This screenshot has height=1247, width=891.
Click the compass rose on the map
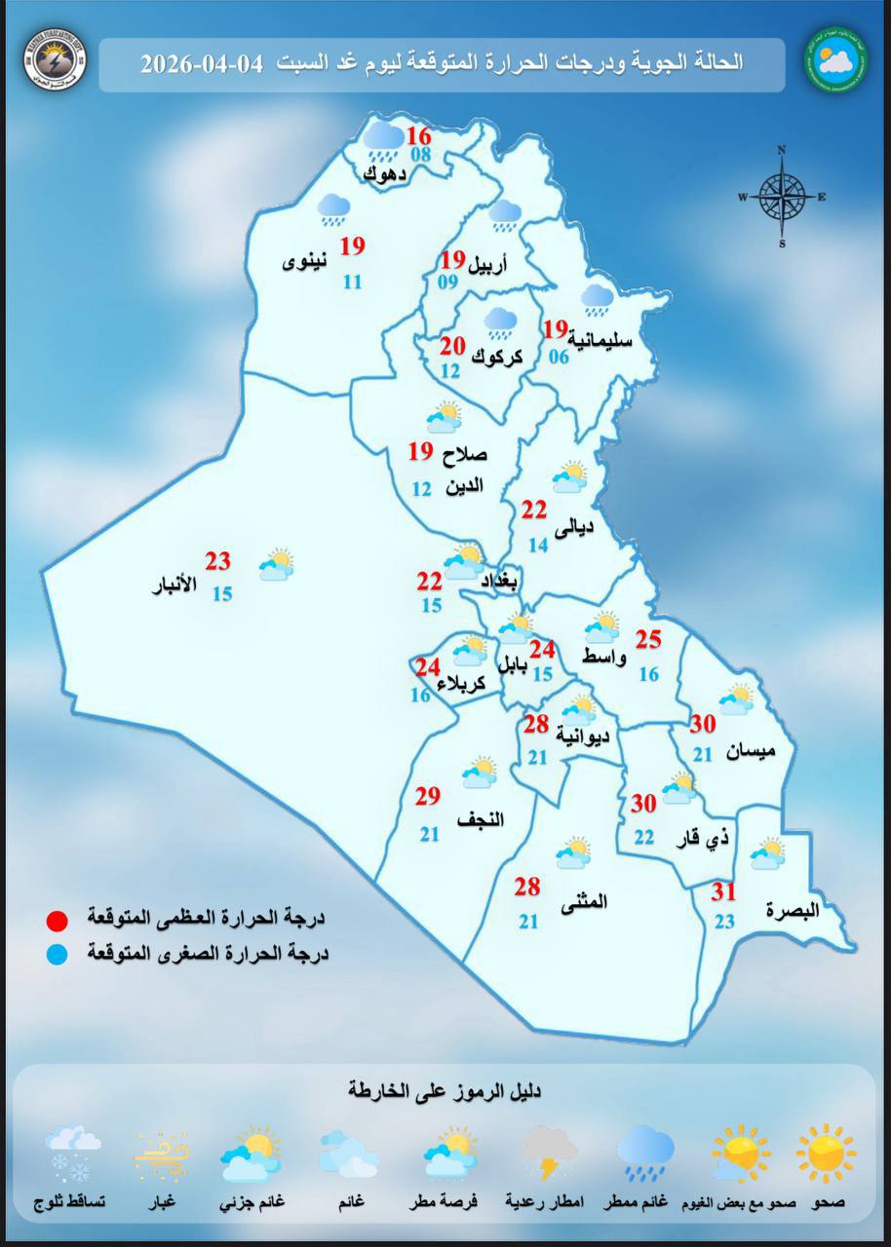[782, 196]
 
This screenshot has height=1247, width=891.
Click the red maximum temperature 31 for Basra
[723, 892]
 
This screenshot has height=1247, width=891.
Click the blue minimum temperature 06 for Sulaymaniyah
[559, 357]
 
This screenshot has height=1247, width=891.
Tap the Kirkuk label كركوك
[497, 358]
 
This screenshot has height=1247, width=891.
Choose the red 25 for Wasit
[648, 640]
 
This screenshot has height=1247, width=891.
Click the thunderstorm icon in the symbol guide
[551, 1153]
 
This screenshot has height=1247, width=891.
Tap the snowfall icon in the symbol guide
[73, 1153]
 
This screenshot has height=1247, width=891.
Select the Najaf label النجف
[480, 819]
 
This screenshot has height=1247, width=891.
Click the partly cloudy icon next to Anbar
[277, 565]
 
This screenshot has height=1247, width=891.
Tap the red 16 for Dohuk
[419, 135]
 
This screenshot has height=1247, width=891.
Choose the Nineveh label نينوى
[305, 263]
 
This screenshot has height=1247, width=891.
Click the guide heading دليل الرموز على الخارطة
[445, 1090]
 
